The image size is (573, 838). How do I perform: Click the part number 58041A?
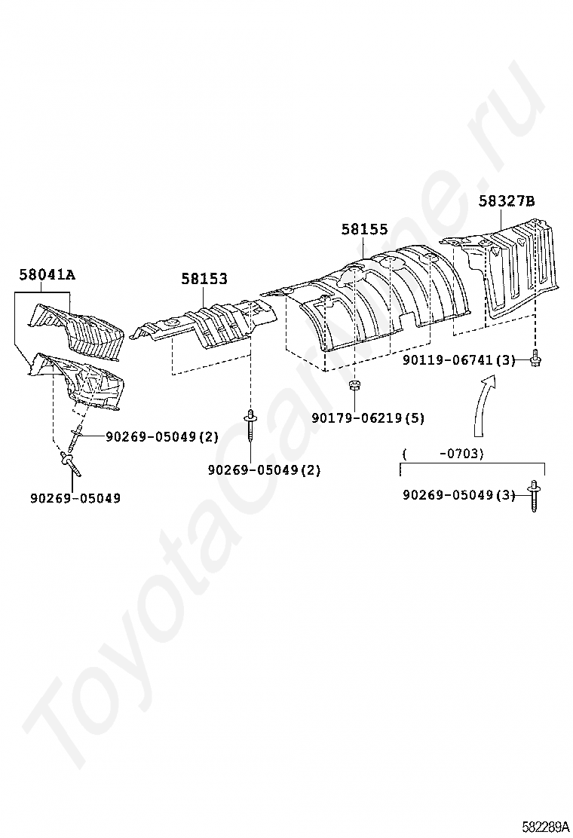click(x=47, y=275)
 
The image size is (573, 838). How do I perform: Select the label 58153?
click(x=204, y=279)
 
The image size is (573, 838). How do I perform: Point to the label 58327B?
click(x=507, y=201)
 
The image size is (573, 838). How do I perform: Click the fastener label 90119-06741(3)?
click(x=458, y=361)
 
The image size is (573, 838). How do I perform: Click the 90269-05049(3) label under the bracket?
click(x=458, y=495)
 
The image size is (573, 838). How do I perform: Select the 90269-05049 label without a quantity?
click(x=75, y=498)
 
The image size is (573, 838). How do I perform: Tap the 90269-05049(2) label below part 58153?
click(x=264, y=469)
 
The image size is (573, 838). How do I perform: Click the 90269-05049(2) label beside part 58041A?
click(x=162, y=436)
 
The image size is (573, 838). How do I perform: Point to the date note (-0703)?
click(x=443, y=454)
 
